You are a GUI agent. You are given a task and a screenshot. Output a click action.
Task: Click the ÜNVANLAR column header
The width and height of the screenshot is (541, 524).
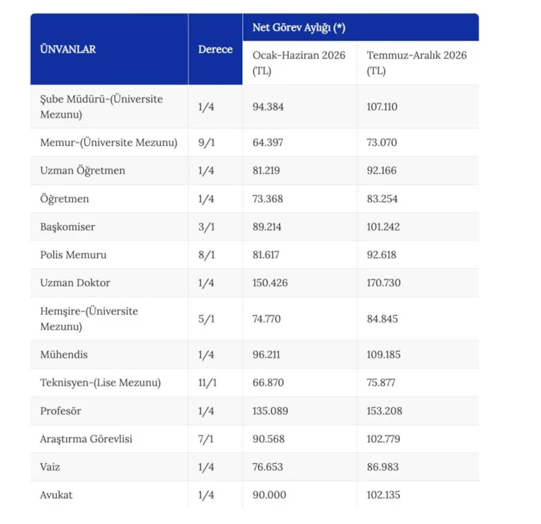68,49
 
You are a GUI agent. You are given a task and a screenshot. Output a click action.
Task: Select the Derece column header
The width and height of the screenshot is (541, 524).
215,49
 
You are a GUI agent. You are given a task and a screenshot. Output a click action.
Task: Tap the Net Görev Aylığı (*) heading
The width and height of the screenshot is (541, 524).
299,27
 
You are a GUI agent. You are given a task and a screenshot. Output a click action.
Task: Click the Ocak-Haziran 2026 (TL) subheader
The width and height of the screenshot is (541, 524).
299,63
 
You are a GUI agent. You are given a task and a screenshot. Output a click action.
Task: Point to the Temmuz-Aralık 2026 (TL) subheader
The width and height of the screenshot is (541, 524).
417,63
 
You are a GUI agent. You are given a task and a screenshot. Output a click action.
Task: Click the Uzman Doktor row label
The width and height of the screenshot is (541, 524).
75,283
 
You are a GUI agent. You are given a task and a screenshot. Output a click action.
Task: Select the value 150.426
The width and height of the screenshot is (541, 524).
270,283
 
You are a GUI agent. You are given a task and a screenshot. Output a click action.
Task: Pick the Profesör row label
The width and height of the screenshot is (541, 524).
60,410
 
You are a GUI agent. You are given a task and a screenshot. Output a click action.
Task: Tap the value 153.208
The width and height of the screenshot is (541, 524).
384,410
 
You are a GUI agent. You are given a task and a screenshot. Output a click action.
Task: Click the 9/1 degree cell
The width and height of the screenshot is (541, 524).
206,142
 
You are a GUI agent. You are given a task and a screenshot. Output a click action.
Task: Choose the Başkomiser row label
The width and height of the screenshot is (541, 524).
68,227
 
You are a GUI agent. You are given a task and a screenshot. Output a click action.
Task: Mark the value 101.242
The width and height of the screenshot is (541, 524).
383,227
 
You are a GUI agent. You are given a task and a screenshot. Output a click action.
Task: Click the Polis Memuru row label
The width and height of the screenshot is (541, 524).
73,255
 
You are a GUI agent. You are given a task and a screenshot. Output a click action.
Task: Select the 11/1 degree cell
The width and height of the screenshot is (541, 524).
208,382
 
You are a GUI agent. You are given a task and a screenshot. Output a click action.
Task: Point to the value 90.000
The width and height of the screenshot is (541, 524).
269,495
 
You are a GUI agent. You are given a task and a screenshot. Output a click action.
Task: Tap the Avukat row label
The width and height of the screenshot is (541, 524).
56,495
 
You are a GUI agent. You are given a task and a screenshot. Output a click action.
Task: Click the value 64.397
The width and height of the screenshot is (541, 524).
268,142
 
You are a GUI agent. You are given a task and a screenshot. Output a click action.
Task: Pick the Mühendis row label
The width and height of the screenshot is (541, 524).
64,354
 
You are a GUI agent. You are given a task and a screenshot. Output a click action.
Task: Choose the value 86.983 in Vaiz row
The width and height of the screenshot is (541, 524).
383,467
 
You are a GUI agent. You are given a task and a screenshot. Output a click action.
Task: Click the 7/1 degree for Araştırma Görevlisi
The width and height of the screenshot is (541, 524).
206,439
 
